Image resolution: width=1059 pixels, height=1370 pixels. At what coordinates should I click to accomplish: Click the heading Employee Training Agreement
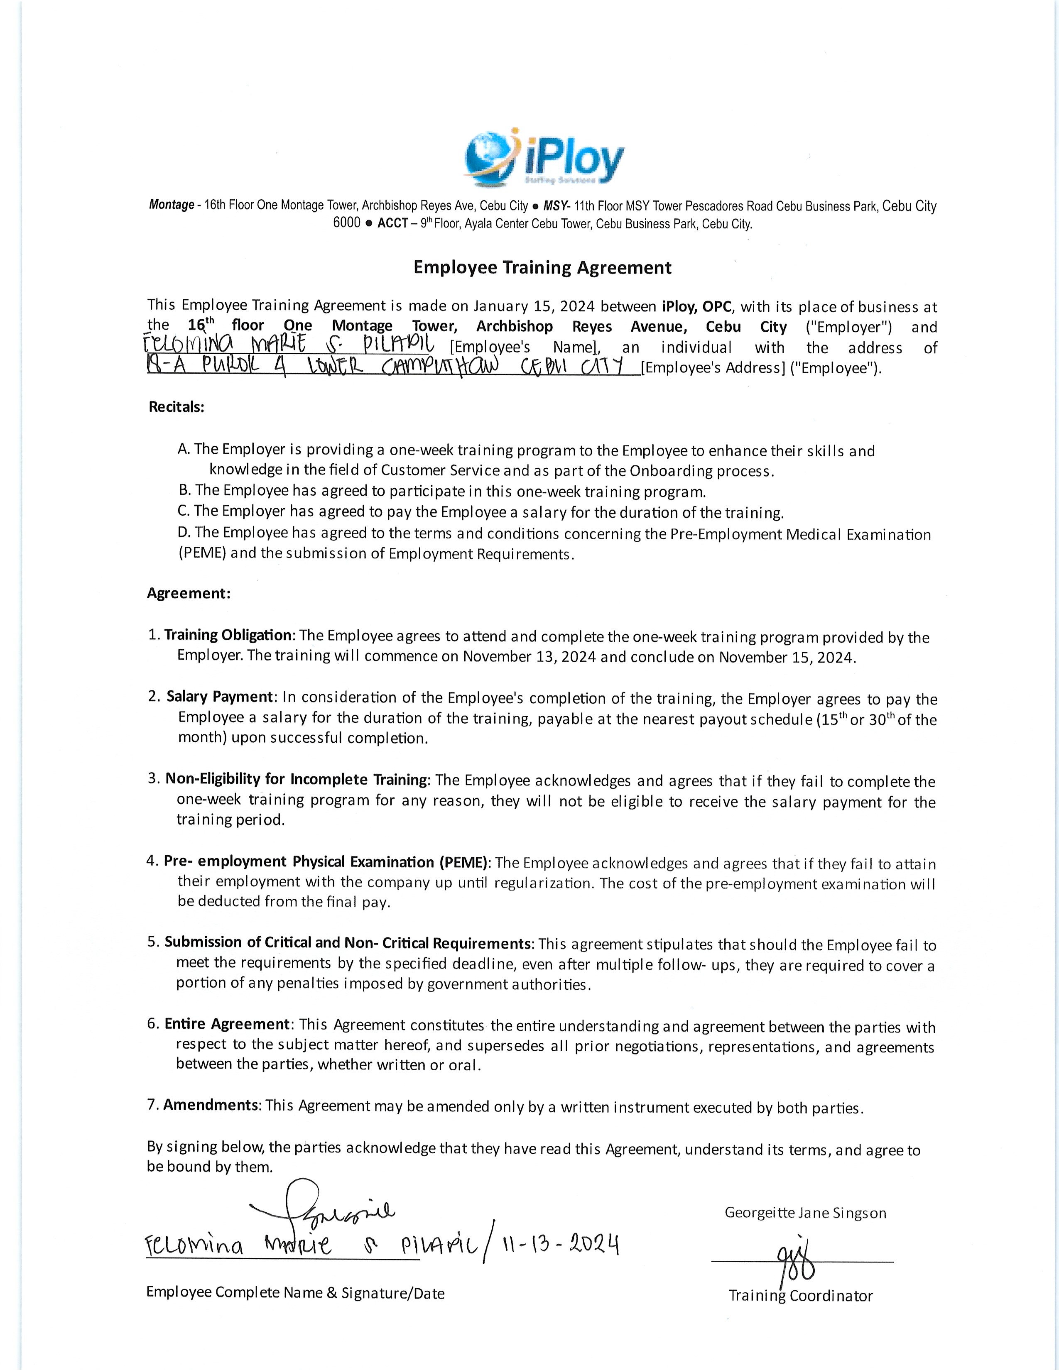(x=542, y=268)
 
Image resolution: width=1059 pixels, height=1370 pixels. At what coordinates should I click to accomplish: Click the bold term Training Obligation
(x=228, y=635)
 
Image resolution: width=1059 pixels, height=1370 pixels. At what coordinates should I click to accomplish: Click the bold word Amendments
(x=211, y=1105)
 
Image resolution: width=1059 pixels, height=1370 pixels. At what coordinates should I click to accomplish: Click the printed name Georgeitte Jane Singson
(x=805, y=1213)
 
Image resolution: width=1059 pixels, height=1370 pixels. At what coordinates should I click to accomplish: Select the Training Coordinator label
(x=801, y=1295)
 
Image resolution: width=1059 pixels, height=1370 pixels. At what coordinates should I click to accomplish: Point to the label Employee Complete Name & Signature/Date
(x=295, y=1293)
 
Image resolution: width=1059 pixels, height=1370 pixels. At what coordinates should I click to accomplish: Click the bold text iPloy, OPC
(x=696, y=307)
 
